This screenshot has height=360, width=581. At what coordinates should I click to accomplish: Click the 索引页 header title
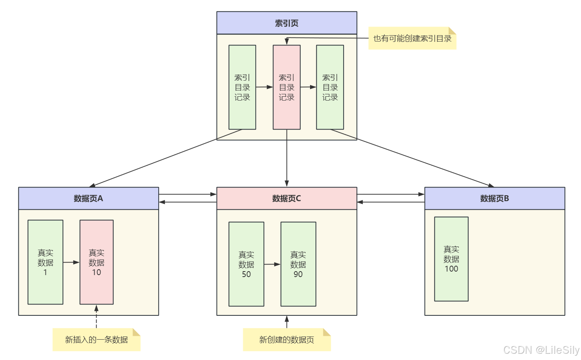click(287, 23)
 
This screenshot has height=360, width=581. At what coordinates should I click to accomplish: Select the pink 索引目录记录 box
click(287, 87)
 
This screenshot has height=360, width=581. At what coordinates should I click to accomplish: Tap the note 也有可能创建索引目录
click(412, 38)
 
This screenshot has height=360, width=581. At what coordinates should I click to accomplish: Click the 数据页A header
click(88, 198)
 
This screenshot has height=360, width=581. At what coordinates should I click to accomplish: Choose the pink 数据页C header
click(287, 198)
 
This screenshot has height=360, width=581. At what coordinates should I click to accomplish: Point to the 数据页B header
click(495, 198)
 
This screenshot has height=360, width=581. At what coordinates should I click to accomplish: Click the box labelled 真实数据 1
click(45, 262)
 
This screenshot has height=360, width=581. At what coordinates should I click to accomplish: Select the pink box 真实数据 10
click(97, 262)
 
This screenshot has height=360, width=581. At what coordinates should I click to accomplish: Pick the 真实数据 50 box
click(246, 264)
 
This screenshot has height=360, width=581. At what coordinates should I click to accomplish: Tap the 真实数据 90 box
click(298, 264)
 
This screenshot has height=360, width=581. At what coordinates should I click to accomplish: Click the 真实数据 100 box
click(451, 259)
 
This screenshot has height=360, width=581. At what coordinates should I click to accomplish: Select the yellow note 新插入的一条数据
click(97, 340)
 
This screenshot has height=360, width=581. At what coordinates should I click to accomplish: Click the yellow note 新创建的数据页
click(287, 340)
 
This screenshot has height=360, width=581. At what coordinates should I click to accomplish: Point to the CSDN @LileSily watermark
click(541, 350)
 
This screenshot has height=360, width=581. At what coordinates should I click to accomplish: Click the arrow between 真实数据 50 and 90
click(272, 265)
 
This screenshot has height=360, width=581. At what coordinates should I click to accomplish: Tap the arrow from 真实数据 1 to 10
click(71, 262)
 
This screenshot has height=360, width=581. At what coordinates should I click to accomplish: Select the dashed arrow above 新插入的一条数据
click(96, 317)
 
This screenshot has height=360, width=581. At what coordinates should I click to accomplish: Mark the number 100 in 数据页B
click(451, 269)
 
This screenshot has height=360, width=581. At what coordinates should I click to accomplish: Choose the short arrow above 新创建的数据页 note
click(287, 322)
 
